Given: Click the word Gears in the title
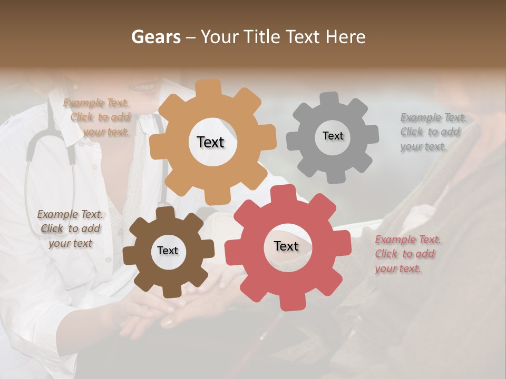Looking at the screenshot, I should click(x=156, y=37).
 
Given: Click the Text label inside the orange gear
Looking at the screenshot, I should click(x=210, y=142).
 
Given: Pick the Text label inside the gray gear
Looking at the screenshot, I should click(x=333, y=136).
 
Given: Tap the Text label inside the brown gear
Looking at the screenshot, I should click(x=168, y=251).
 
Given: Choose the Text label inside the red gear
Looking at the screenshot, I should click(x=286, y=246).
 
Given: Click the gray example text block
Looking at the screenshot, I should click(x=432, y=132).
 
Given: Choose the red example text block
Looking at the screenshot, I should click(x=407, y=254).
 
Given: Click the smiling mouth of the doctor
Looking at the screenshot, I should click(x=142, y=87).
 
